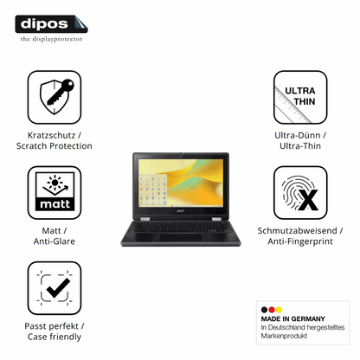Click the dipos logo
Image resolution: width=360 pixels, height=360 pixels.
pyautogui.click(x=51, y=24)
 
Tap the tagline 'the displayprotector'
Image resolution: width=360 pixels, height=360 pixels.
pyautogui.click(x=51, y=39)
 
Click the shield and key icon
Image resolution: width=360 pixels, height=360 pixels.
pyautogui.click(x=55, y=97)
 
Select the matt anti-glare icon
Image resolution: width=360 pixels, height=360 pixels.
pyautogui.click(x=55, y=192)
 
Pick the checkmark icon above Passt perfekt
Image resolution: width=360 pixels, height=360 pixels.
pyautogui.click(x=55, y=288)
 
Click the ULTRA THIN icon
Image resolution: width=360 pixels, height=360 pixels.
pyautogui.click(x=300, y=97)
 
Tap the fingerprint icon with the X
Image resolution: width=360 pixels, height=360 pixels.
pyautogui.click(x=300, y=192)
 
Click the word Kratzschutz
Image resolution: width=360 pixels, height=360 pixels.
pyautogui.click(x=51, y=135)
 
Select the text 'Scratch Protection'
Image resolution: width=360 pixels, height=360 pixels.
pyautogui.click(x=55, y=146)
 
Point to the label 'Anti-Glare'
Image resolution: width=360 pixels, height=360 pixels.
pyautogui.click(x=55, y=241)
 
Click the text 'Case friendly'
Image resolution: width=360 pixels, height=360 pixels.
pyautogui.click(x=55, y=337)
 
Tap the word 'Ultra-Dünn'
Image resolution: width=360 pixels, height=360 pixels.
pyautogui.click(x=297, y=135)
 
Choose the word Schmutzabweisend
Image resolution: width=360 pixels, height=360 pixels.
pyautogui.click(x=297, y=230)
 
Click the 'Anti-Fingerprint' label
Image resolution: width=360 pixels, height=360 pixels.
pyautogui.click(x=300, y=241)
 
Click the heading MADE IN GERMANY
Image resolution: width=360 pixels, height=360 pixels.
pyautogui.click(x=292, y=318)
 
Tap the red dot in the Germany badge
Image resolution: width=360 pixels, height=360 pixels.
pyautogui.click(x=272, y=310)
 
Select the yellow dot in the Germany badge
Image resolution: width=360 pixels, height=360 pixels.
pyautogui.click(x=279, y=310)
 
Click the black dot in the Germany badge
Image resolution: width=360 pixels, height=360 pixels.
pyautogui.click(x=264, y=310)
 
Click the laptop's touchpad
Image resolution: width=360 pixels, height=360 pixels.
pyautogui.click(x=180, y=237)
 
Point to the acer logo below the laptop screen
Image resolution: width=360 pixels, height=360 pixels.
pyautogui.click(x=180, y=211)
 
